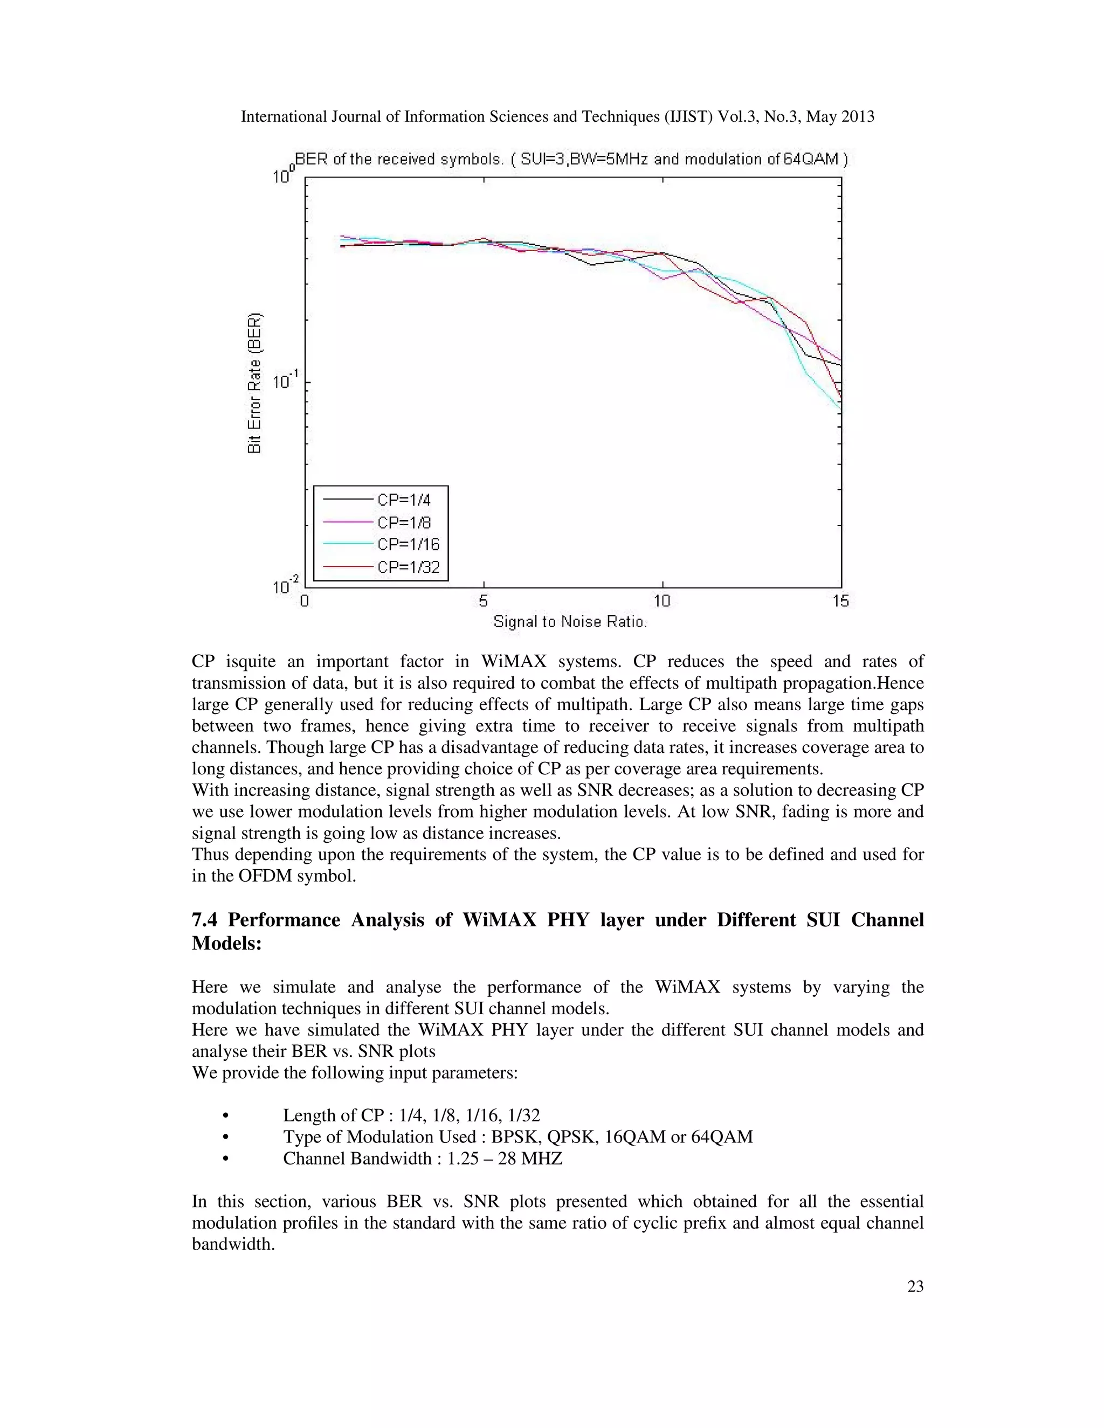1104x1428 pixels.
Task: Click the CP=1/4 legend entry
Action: click(x=404, y=500)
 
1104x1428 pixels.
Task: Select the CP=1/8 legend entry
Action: click(x=404, y=522)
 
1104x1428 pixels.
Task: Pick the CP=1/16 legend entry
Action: click(x=408, y=545)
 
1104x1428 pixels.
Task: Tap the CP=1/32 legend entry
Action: click(x=408, y=567)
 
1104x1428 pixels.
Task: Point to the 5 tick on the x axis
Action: click(x=484, y=601)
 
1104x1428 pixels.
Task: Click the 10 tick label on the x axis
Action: click(x=662, y=601)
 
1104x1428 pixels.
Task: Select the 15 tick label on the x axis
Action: click(x=840, y=601)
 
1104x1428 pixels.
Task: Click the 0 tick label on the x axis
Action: click(x=305, y=601)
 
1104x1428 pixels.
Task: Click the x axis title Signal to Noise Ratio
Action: click(x=570, y=622)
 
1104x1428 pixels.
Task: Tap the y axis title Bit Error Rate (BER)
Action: click(x=255, y=383)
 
